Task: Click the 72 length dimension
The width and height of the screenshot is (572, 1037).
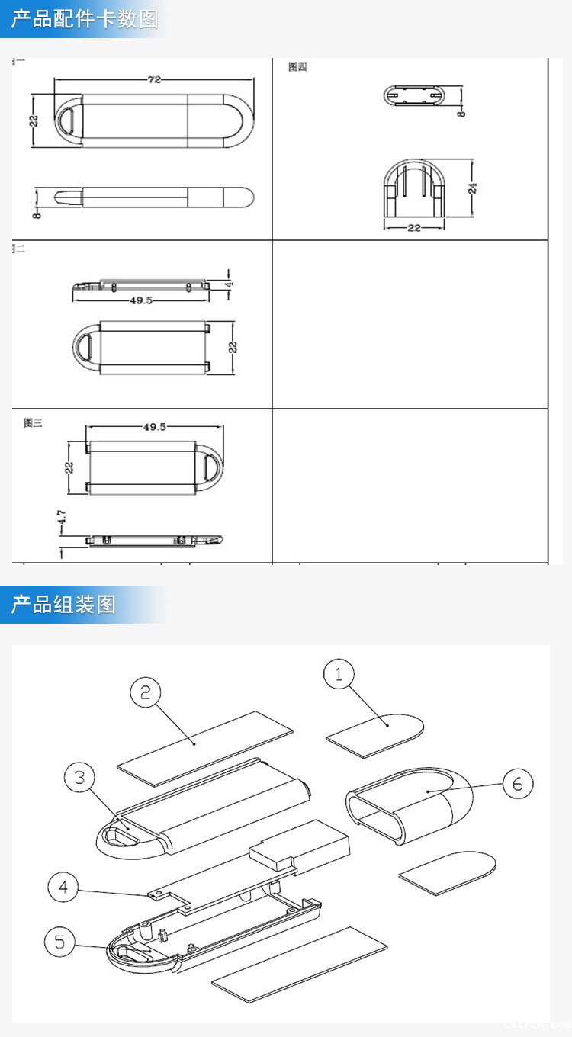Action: [x=154, y=79]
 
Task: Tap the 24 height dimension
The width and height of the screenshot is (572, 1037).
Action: [x=473, y=188]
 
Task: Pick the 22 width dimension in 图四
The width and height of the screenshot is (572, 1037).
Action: [x=413, y=228]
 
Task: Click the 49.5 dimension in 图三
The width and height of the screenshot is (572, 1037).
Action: [x=154, y=427]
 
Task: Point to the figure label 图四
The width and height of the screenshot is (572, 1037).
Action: [x=297, y=67]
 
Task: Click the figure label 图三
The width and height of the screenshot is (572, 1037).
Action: [x=33, y=423]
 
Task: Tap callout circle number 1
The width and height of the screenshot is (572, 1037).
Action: [x=339, y=675]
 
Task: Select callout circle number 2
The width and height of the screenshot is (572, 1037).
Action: [x=146, y=692]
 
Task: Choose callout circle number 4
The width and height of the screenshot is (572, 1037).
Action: [x=63, y=887]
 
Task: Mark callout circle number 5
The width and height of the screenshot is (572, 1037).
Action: [x=59, y=942]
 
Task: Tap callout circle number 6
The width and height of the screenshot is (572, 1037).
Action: [x=518, y=784]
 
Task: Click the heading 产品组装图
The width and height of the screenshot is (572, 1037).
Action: [x=63, y=605]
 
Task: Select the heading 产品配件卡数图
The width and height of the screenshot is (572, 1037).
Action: [x=84, y=19]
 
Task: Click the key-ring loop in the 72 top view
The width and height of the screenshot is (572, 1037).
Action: [x=68, y=121]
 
